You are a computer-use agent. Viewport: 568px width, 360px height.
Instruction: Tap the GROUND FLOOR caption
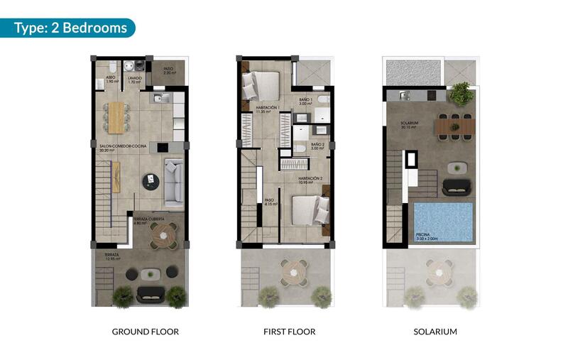click(145, 332)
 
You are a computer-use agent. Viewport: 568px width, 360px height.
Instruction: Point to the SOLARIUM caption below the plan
click(435, 332)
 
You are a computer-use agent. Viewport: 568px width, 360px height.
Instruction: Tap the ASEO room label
click(111, 80)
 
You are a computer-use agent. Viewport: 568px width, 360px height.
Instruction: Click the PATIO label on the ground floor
click(169, 71)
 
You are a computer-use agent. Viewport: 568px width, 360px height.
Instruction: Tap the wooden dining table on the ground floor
click(115, 116)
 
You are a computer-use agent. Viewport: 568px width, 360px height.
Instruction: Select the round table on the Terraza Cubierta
click(160, 236)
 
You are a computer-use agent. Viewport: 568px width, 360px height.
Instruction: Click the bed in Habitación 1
click(260, 86)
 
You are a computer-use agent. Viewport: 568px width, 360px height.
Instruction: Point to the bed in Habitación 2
click(311, 210)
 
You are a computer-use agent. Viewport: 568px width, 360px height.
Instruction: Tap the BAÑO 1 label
click(306, 102)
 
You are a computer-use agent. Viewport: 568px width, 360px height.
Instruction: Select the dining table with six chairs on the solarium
click(454, 126)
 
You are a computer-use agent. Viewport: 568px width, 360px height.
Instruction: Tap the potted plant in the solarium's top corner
click(461, 93)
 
